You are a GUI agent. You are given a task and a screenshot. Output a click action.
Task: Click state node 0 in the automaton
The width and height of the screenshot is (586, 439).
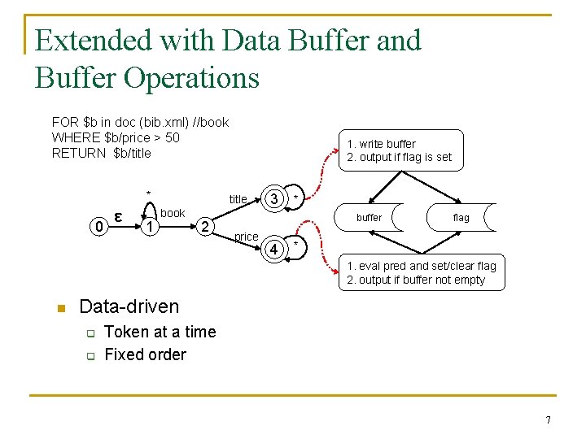99,227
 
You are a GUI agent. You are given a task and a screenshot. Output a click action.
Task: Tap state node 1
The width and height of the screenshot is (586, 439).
149,227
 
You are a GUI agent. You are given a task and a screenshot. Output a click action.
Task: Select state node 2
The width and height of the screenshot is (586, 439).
206,225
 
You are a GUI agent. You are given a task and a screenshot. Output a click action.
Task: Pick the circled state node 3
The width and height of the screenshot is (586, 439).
275,199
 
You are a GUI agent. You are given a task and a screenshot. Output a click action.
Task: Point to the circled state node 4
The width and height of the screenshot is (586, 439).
275,249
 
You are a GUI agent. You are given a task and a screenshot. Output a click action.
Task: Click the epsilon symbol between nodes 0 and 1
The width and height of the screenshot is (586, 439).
119,216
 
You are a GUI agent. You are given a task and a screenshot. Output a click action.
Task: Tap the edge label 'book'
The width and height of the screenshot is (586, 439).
173,213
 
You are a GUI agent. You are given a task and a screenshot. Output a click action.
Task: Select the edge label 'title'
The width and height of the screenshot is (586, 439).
238,199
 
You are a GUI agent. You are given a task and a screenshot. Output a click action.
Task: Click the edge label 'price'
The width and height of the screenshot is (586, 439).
246,237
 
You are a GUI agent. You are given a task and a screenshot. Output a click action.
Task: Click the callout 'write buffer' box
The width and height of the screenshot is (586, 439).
400,150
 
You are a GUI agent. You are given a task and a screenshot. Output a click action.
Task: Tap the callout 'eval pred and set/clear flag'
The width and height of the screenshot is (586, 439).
422,273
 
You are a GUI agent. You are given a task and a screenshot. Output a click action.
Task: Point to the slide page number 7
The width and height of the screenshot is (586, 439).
549,420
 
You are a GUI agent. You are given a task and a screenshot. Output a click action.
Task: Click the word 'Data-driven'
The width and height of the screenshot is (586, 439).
129,306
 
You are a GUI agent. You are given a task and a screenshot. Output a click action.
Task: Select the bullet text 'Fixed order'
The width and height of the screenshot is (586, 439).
145,354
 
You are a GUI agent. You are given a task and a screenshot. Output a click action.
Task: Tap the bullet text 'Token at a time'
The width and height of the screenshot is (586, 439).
160,332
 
